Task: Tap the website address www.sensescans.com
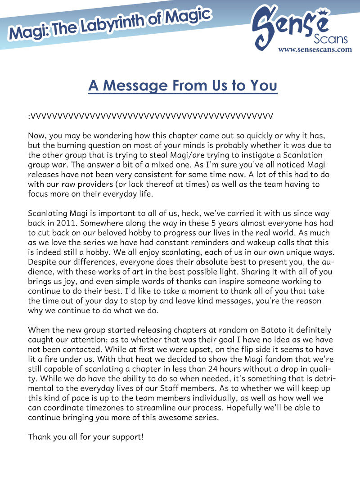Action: [315, 49]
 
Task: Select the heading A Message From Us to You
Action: [182, 85]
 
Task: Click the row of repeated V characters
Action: [151, 116]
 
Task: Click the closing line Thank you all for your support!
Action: [86, 436]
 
